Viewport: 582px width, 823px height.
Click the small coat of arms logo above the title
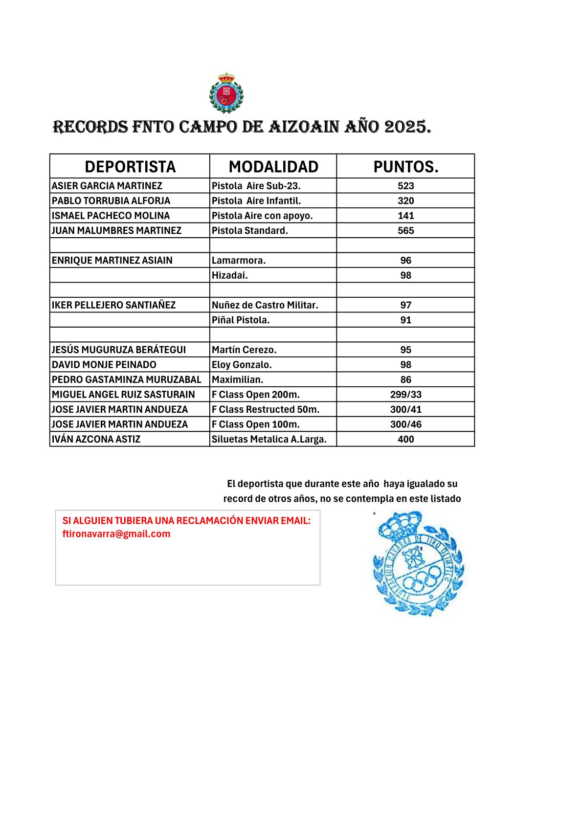click(226, 92)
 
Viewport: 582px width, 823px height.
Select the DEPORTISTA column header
click(130, 167)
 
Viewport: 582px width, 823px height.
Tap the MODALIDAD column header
click(273, 167)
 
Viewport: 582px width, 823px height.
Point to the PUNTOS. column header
click(405, 167)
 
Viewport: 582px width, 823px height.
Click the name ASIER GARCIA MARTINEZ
click(107, 186)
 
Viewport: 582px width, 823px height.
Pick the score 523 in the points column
click(405, 186)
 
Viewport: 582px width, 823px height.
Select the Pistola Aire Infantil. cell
click(256, 200)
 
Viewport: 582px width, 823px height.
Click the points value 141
click(405, 216)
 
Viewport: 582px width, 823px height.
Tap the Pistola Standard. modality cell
click(250, 230)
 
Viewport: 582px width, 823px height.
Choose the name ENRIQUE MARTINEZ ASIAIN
click(112, 260)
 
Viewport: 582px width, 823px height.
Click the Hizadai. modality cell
click(230, 275)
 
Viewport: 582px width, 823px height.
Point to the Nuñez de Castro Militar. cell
click(265, 305)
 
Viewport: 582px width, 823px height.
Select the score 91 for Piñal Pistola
click(405, 320)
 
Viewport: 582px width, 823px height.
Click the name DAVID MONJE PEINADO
click(104, 365)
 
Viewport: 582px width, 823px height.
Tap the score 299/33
click(405, 395)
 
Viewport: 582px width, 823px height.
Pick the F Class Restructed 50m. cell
click(266, 409)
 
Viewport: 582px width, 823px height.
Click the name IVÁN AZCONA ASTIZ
click(96, 439)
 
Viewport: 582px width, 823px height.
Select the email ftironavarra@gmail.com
click(116, 534)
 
